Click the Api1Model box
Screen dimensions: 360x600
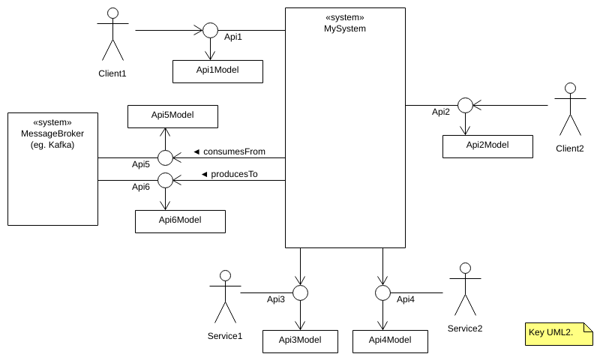click(217, 71)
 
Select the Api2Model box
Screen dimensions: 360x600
click(487, 146)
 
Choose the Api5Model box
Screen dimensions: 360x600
click(172, 116)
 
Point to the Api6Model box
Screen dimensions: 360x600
click(180, 221)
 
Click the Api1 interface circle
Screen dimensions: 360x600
click(210, 31)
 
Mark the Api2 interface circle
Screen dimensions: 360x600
click(465, 105)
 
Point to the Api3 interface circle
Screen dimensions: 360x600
click(300, 292)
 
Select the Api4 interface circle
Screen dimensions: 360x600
click(382, 292)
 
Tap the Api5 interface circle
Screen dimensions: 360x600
click(165, 157)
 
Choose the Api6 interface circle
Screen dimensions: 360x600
click(165, 180)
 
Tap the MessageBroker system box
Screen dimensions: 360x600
click(52, 169)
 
